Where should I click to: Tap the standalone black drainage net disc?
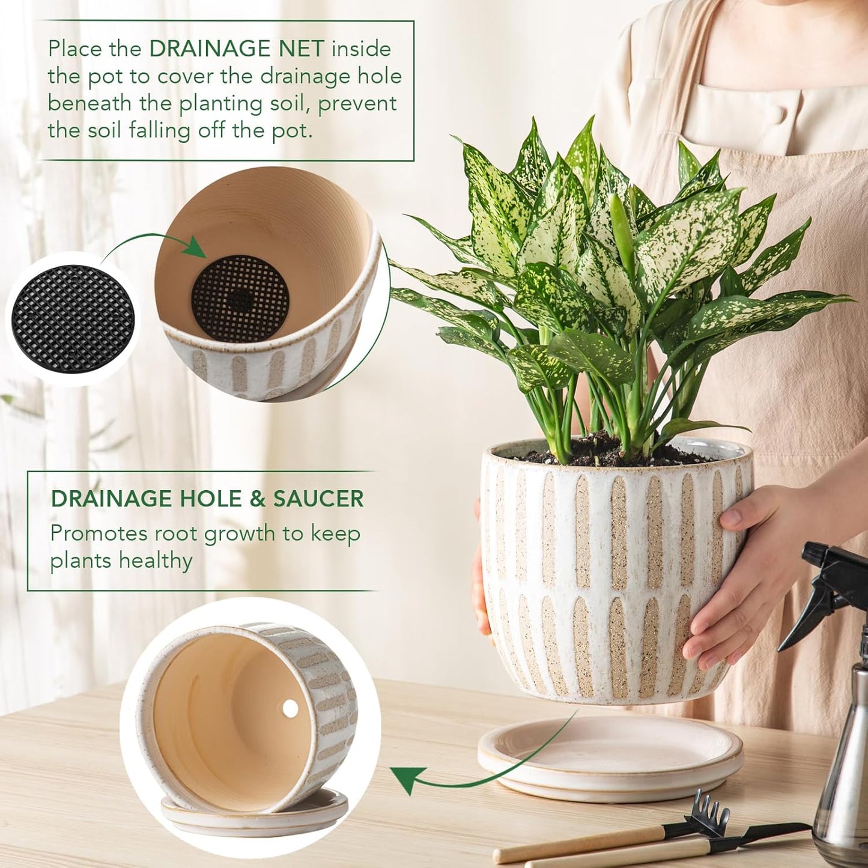[73, 319]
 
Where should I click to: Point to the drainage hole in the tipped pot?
[290, 709]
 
